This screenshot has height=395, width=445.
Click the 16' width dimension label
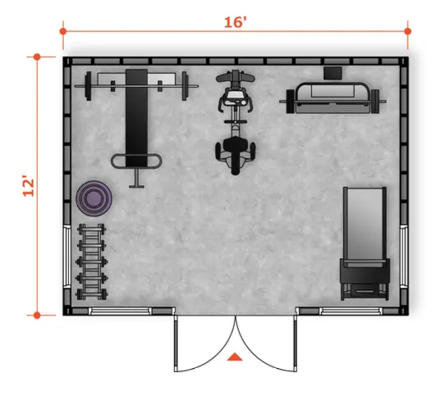235,22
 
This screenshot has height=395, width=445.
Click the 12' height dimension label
29,187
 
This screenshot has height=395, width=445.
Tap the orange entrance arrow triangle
235,357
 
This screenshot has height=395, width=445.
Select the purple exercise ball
94,198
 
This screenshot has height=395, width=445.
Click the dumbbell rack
91,261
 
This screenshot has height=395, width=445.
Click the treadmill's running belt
365,224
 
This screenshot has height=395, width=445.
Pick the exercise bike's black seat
236,154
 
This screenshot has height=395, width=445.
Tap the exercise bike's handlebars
236,76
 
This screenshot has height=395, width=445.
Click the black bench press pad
136,118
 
